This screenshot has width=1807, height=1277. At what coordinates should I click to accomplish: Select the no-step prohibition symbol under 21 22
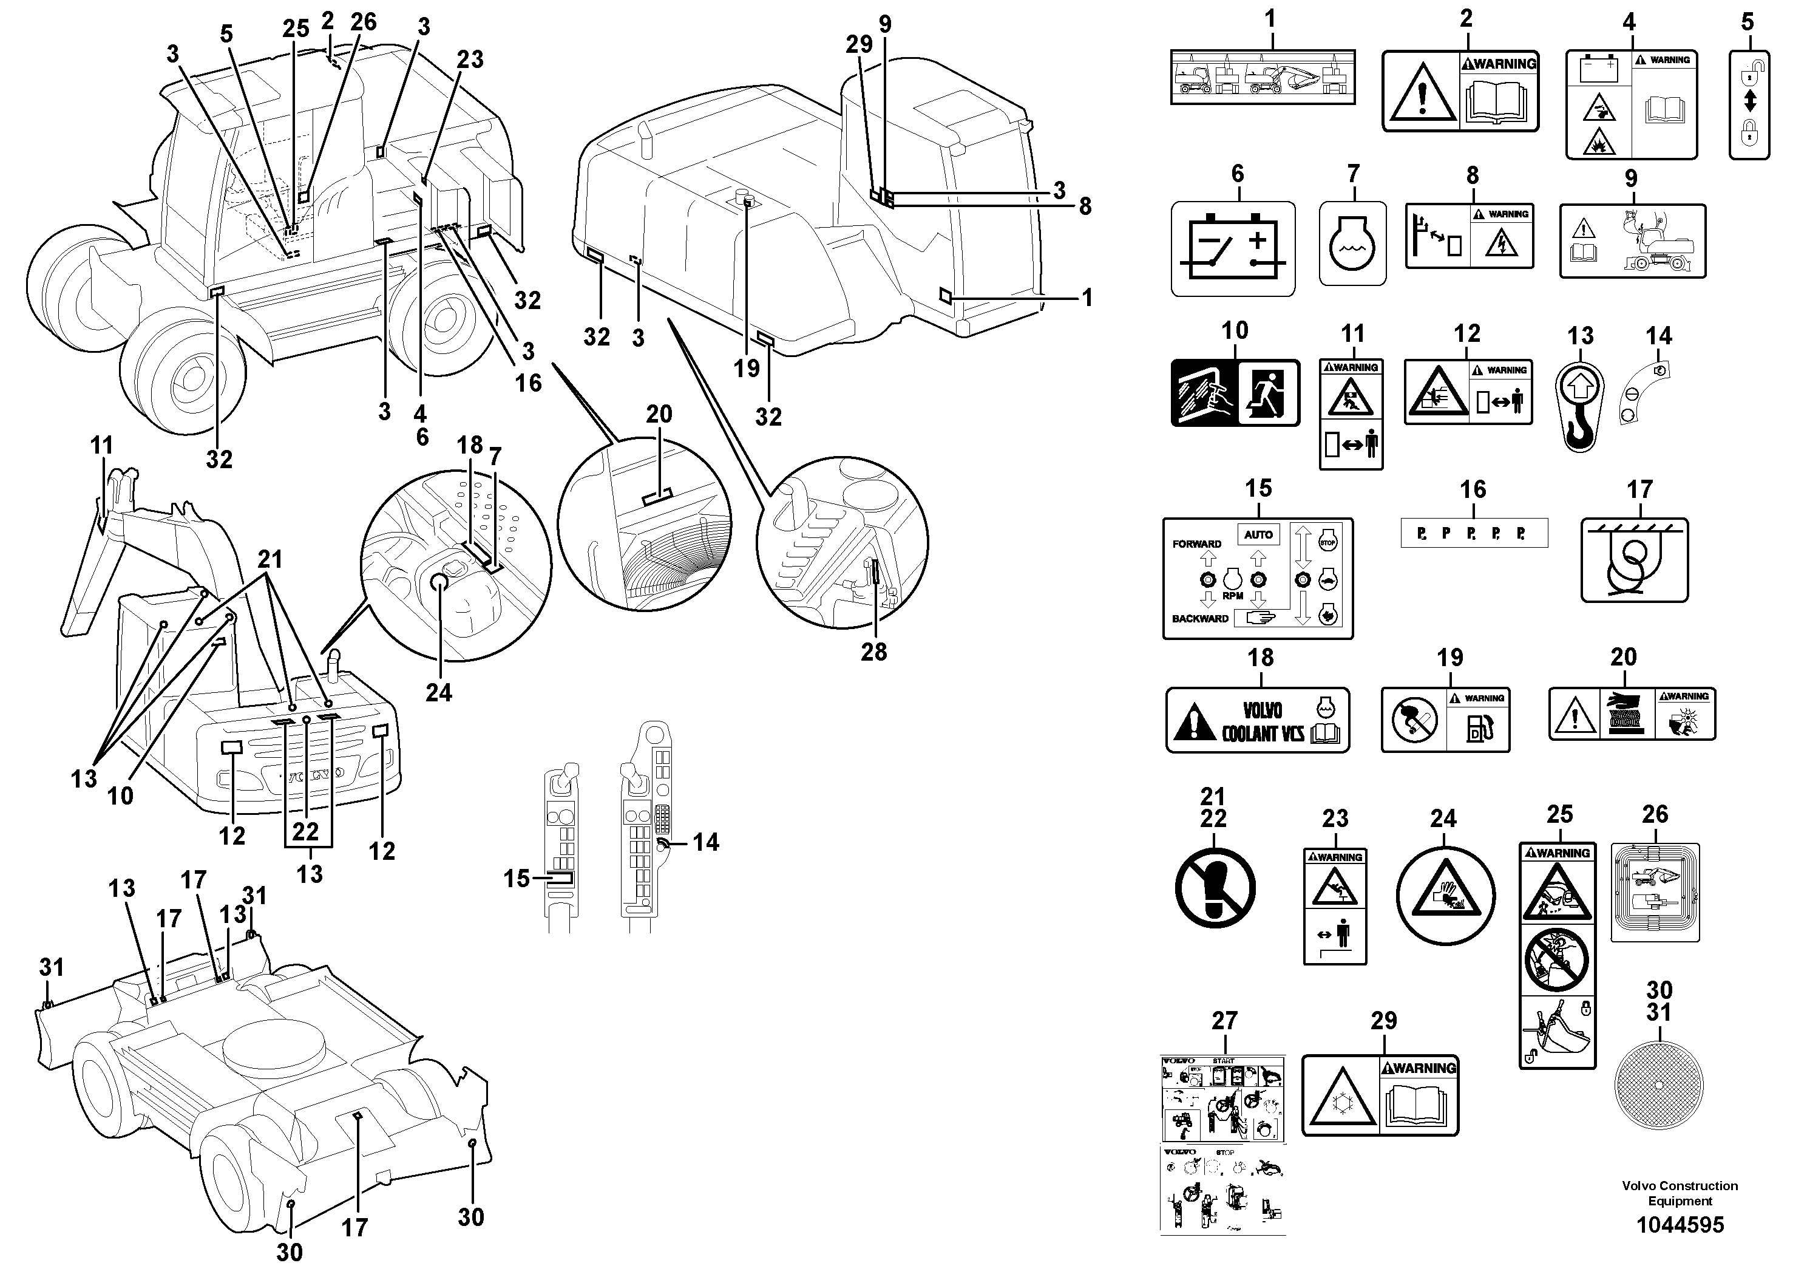1215,888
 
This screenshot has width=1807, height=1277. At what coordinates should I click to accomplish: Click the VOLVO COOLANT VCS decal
1257,720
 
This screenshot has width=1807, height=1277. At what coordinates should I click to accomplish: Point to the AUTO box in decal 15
1258,534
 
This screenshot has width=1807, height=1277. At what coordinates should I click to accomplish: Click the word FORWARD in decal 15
1196,544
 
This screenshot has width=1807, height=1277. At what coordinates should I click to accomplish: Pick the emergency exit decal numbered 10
1235,393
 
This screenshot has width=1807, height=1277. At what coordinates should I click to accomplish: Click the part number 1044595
1680,1225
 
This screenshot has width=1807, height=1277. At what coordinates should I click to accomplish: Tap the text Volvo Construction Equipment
1680,1193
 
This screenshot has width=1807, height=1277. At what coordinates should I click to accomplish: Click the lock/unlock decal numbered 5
1748,104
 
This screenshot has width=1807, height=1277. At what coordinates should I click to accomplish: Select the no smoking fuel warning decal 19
1445,720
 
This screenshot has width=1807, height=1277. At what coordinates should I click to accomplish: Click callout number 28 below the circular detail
873,652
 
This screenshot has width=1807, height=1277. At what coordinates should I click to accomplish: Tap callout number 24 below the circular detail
438,692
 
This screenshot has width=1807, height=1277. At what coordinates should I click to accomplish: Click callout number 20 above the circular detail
659,414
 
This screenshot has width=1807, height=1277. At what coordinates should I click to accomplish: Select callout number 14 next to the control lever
705,842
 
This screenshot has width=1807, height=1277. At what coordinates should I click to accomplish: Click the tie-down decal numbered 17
1634,560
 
